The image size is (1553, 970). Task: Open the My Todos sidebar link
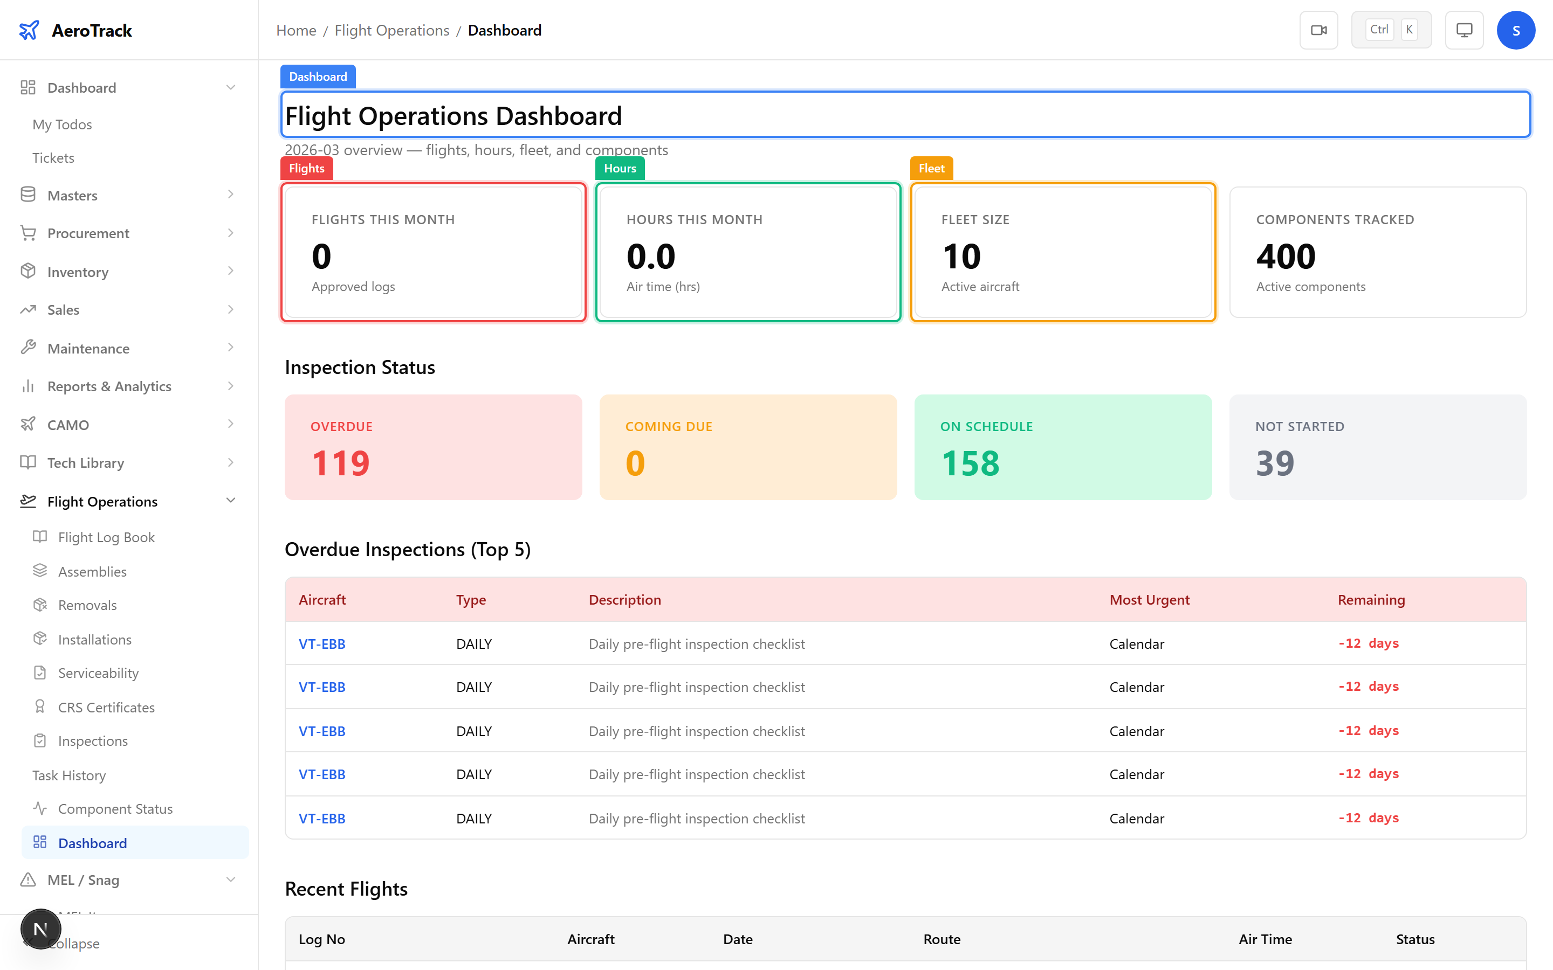coord(62,124)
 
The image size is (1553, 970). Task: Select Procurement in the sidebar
coord(88,233)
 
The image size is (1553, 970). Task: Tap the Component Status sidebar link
coord(115,808)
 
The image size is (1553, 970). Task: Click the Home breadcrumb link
coord(296,30)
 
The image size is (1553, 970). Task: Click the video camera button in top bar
coord(1318,30)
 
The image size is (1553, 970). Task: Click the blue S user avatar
coord(1515,30)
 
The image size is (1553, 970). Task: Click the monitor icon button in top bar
coord(1464,30)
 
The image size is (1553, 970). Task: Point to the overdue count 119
coord(341,463)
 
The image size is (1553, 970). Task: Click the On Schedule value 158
coord(970,463)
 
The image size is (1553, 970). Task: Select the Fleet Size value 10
coord(961,257)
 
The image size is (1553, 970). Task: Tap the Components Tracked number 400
coord(1286,257)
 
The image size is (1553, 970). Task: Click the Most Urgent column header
coord(1149,600)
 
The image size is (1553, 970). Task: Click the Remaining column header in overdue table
coord(1371,600)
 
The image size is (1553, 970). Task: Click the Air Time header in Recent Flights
coord(1265,939)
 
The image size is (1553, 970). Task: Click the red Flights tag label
coord(307,168)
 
